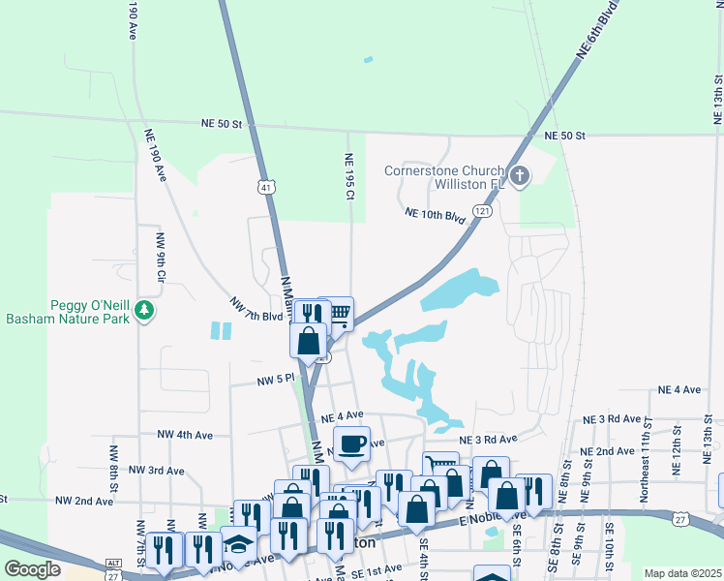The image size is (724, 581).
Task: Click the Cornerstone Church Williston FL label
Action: click(444, 177)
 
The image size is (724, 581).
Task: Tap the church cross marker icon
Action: click(520, 176)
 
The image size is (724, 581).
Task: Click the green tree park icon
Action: click(145, 310)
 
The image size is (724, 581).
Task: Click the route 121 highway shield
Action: click(481, 210)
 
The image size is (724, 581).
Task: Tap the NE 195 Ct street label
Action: click(349, 175)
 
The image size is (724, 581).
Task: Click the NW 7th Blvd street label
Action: click(256, 310)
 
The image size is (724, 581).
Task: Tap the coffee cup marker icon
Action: click(351, 444)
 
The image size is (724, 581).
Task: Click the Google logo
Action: click(31, 569)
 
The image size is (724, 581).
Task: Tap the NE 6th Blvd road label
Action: click(596, 31)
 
